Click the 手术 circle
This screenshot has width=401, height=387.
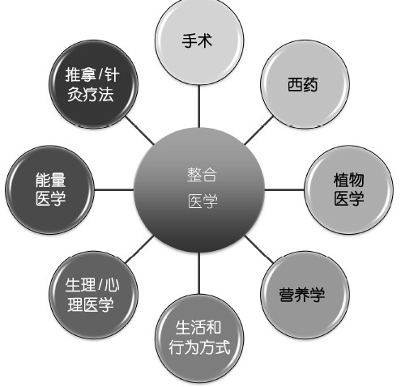199,41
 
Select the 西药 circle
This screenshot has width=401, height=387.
305,84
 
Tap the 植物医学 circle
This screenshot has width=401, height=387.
348,189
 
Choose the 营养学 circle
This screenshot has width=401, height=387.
305,295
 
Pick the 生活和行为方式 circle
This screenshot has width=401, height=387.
199,338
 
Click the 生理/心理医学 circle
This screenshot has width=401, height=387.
93,295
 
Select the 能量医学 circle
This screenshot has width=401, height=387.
49,189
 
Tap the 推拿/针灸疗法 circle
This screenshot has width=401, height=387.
93,84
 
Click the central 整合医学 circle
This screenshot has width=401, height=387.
199,189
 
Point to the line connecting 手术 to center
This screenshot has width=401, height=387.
199,106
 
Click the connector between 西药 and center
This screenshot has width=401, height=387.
258,130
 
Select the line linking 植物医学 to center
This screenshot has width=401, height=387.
284,189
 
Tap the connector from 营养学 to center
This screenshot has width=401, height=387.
259,249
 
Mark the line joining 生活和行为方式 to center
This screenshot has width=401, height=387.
199,273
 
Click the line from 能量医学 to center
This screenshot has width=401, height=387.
114,189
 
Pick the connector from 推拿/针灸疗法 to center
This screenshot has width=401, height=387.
139,130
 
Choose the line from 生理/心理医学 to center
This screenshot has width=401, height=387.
139,249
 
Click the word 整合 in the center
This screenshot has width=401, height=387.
202,175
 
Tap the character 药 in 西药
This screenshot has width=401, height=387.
310,84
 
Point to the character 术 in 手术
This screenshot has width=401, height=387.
205,40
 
